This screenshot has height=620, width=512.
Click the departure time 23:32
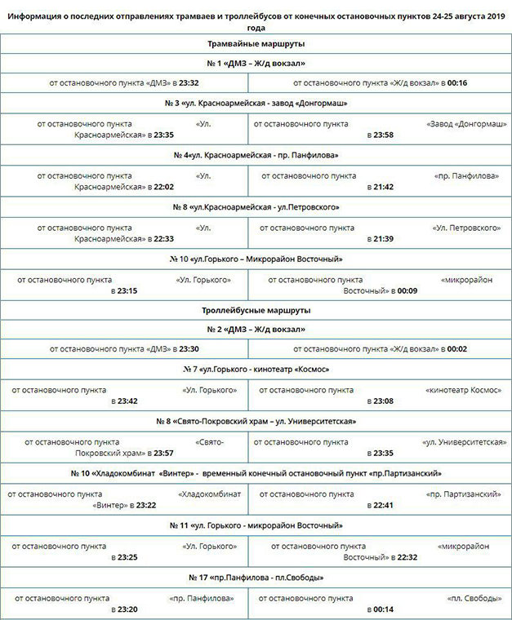[x=189, y=82]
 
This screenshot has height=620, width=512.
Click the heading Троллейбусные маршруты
[x=256, y=310]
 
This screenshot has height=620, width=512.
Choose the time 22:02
[x=163, y=187]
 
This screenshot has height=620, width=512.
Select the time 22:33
[x=163, y=239]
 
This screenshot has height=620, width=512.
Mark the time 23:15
[x=127, y=290]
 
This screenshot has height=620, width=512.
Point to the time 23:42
[x=127, y=401]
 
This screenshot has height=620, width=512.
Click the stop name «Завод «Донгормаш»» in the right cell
[x=464, y=123]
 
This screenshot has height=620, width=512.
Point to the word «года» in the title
[x=256, y=25]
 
